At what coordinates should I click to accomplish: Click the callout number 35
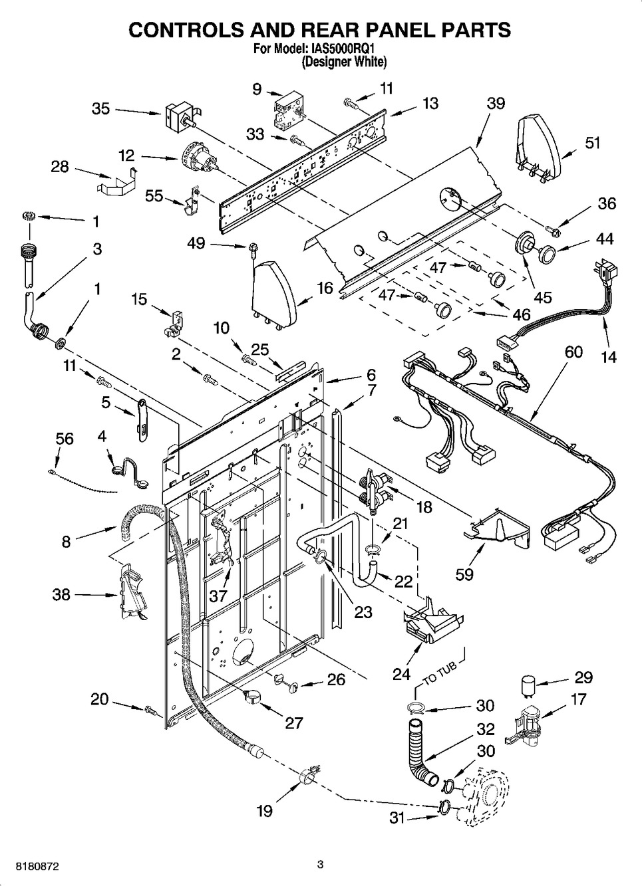(x=100, y=108)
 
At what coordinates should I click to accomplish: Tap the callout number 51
(x=593, y=143)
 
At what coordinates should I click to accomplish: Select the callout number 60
(x=573, y=352)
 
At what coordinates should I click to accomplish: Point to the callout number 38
(x=61, y=594)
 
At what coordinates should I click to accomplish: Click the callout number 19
(x=264, y=812)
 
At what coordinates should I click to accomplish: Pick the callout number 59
(x=464, y=574)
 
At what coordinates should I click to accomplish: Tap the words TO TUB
(x=441, y=676)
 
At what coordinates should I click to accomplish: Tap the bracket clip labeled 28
(x=117, y=182)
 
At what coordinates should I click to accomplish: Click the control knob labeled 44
(x=547, y=253)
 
